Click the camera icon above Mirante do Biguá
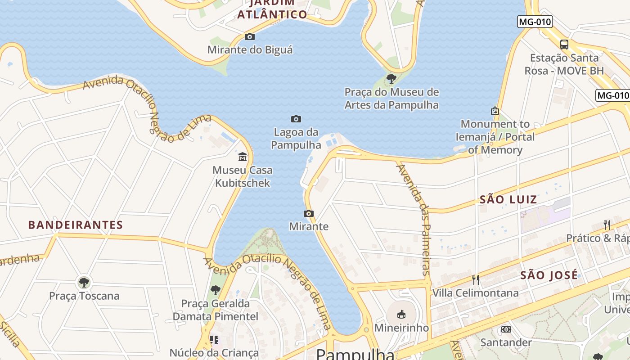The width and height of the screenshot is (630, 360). coord(250,37)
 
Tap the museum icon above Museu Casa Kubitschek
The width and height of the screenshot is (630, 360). coord(243,157)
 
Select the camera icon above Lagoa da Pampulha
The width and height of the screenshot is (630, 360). coord(296,119)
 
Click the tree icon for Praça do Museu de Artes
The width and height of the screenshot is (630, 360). coord(391,79)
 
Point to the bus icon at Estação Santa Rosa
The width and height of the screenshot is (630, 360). coord(564,44)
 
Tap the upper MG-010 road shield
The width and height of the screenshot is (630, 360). coord(535,22)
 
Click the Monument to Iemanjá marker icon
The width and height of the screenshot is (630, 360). coord(495,110)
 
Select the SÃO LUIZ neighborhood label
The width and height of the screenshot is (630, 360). coord(508,199)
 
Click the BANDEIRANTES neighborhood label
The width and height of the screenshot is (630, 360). coord(76,225)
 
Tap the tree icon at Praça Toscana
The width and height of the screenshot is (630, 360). coord(84,283)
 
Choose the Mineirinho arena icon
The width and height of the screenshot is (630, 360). coord(401,314)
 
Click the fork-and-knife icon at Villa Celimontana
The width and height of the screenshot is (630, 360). coord(475,280)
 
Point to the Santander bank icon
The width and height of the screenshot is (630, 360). coord(506,329)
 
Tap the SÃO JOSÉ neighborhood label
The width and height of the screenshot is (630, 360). coord(549,275)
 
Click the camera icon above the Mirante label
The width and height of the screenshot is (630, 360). coord(309,213)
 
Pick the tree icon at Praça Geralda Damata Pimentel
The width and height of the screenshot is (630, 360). coord(216,290)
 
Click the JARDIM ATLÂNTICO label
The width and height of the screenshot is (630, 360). coord(272,9)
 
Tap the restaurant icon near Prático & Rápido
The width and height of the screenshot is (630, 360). coord(607,225)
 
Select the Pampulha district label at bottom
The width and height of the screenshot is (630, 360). coord(355,354)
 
